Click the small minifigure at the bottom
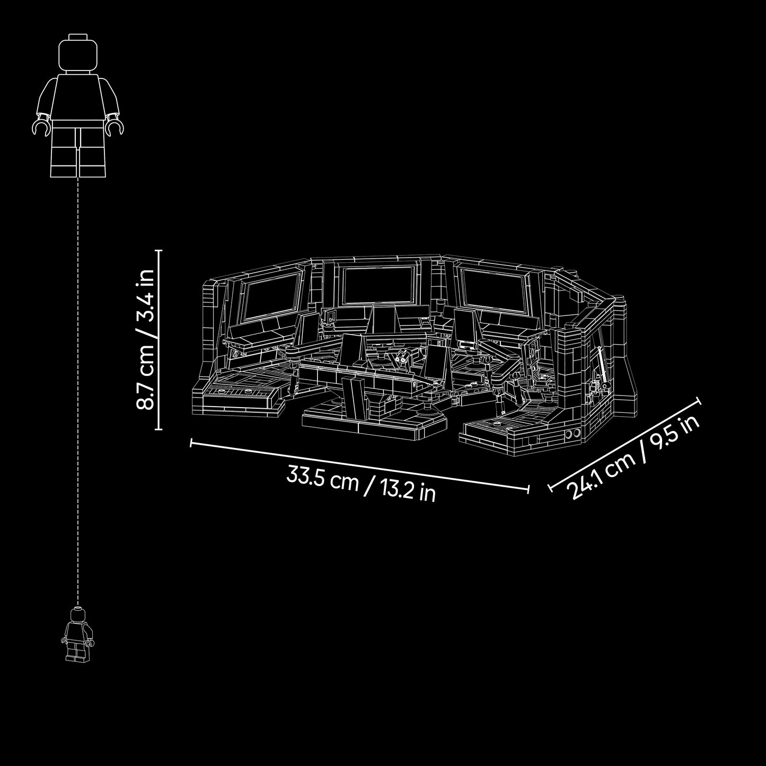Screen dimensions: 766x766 coord(77,641)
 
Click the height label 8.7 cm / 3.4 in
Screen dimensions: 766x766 coord(145,339)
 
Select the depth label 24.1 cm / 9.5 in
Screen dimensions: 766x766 coord(635,459)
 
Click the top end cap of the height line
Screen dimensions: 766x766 coord(158,251)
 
